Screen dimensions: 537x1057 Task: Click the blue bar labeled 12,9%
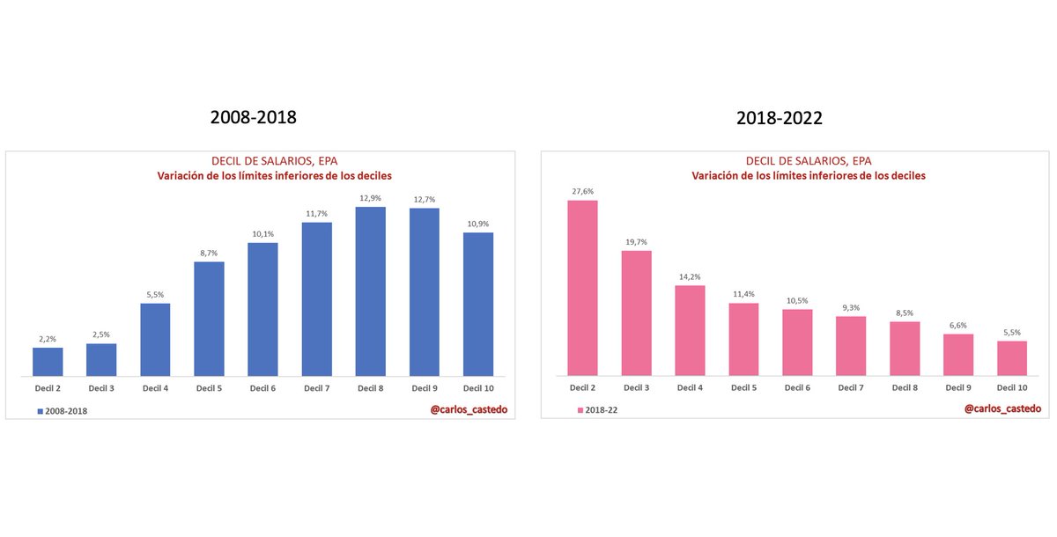pos(370,291)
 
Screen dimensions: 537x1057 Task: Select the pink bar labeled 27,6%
pos(582,288)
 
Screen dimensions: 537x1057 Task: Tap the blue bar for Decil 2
pos(48,362)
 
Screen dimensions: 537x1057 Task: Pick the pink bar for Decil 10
pos(1012,358)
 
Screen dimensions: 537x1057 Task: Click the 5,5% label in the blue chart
pos(155,294)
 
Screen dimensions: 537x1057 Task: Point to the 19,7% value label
pos(636,241)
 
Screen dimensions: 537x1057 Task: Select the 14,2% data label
pos(690,276)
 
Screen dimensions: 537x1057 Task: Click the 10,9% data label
pos(477,223)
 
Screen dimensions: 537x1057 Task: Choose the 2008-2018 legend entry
pos(63,410)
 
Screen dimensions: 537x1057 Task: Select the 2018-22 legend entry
pos(598,410)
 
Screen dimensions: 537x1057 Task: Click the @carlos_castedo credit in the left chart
pos(469,409)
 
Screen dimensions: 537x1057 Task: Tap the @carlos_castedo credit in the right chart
pos(1002,408)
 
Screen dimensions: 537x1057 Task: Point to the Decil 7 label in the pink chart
pos(851,387)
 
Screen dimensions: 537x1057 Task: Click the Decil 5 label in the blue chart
pos(209,387)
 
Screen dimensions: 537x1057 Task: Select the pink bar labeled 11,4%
pos(743,340)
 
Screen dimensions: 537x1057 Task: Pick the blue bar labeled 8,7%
pos(209,319)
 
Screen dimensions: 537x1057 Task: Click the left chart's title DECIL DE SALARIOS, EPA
pos(274,161)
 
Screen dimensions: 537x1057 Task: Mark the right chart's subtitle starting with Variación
pos(809,176)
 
